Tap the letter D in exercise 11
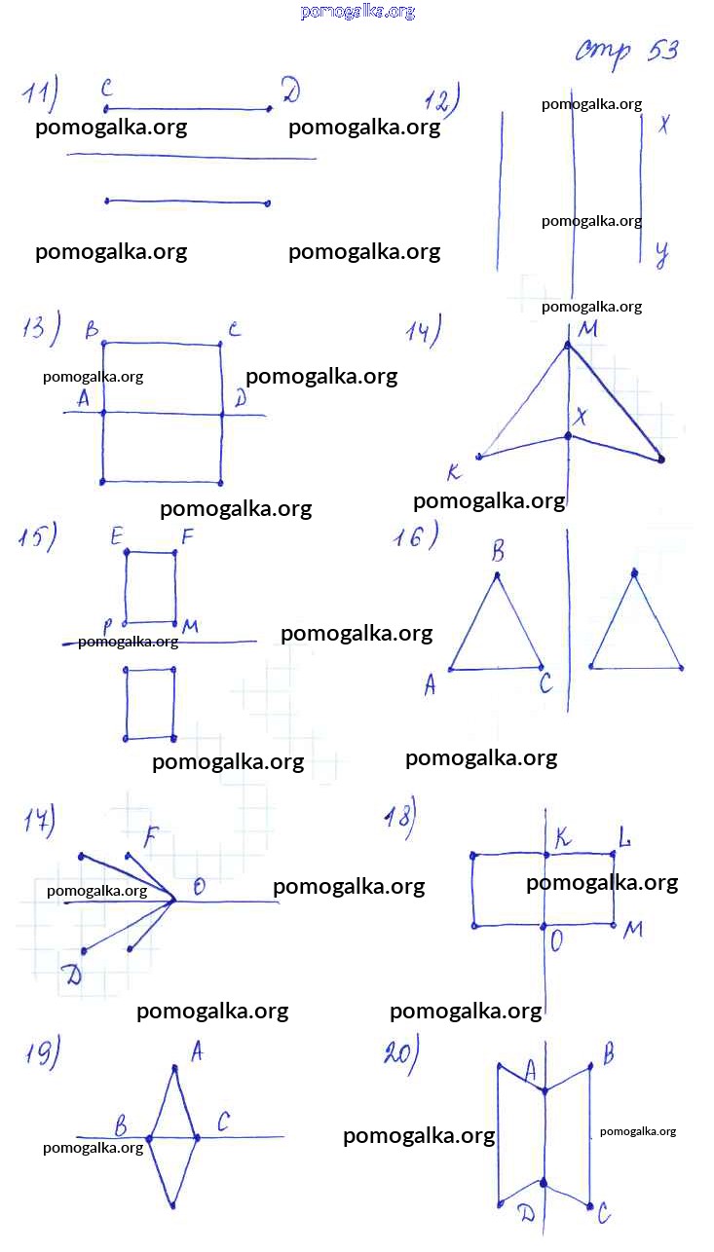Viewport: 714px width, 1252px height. [x=290, y=90]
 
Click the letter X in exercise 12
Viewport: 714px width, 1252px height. [x=663, y=124]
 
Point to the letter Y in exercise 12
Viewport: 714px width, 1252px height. [x=662, y=255]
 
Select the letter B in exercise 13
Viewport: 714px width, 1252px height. [x=92, y=330]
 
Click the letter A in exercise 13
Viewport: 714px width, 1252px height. [x=84, y=398]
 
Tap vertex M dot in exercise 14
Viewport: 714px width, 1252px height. [x=568, y=346]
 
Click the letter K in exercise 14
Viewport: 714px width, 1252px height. [x=454, y=472]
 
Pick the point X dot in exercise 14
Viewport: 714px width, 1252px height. [x=568, y=436]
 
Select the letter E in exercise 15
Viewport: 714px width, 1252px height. [x=116, y=536]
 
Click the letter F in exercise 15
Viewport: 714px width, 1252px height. [x=187, y=536]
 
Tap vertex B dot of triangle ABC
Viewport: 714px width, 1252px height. [x=497, y=574]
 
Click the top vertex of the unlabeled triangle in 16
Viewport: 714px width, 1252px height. [x=634, y=572]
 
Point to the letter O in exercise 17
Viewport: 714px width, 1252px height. [x=199, y=887]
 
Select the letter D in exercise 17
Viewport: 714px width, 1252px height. [x=74, y=975]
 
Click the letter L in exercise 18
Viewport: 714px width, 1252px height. [x=624, y=838]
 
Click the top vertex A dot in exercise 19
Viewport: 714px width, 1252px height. [x=175, y=1068]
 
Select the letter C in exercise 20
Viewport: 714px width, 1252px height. [x=604, y=1213]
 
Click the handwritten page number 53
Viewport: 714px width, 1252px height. [x=663, y=51]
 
